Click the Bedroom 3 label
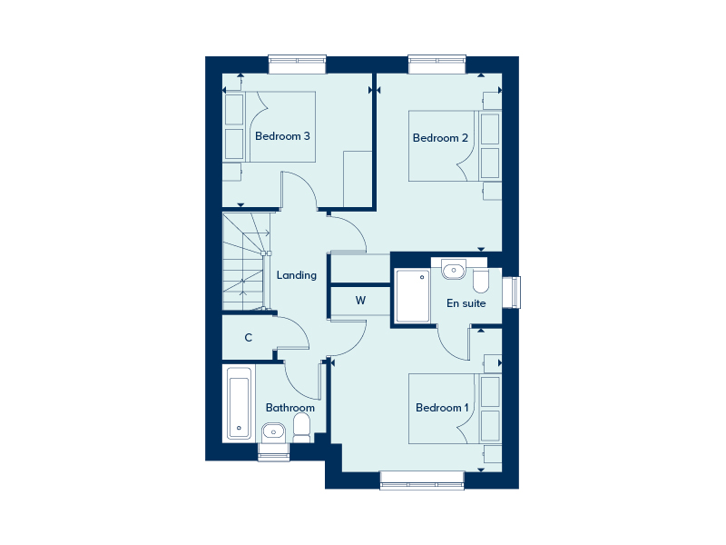tap(282, 136)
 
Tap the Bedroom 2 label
tap(440, 138)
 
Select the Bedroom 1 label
tap(442, 408)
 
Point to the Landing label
tap(297, 275)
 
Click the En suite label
tap(466, 303)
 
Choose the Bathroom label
tap(289, 408)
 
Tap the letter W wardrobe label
tap(360, 300)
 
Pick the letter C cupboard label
tap(248, 338)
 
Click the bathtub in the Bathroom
tap(239, 402)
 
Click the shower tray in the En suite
tap(411, 296)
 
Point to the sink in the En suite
tap(453, 270)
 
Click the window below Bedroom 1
tap(422, 481)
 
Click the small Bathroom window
tap(274, 451)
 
